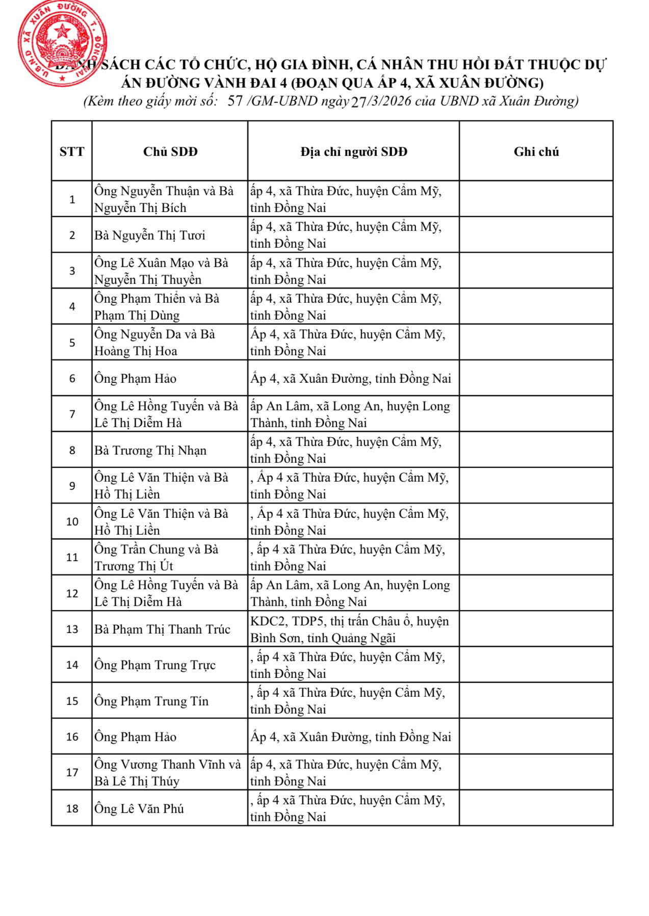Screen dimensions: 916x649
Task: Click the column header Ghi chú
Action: pyautogui.click(x=536, y=151)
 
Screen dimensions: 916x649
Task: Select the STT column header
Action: pyautogui.click(x=72, y=151)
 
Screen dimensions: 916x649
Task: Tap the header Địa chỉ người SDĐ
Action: pyautogui.click(x=353, y=151)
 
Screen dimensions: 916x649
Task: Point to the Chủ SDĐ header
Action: pyautogui.click(x=170, y=151)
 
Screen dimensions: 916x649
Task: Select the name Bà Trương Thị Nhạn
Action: pyautogui.click(x=150, y=451)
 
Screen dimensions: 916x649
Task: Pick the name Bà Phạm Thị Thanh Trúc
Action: pyautogui.click(x=162, y=630)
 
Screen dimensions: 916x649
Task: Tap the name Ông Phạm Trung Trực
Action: pyautogui.click(x=155, y=665)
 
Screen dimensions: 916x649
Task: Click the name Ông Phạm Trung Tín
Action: pyautogui.click(x=151, y=701)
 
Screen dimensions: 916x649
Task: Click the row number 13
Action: pyautogui.click(x=72, y=630)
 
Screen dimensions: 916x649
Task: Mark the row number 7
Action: pyautogui.click(x=72, y=414)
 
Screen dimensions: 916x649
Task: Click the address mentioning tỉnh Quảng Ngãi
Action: pyautogui.click(x=349, y=630)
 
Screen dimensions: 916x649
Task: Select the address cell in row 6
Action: pyautogui.click(x=351, y=379)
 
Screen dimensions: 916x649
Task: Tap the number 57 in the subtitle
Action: pyautogui.click(x=235, y=101)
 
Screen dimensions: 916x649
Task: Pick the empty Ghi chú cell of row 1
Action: pyautogui.click(x=536, y=199)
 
